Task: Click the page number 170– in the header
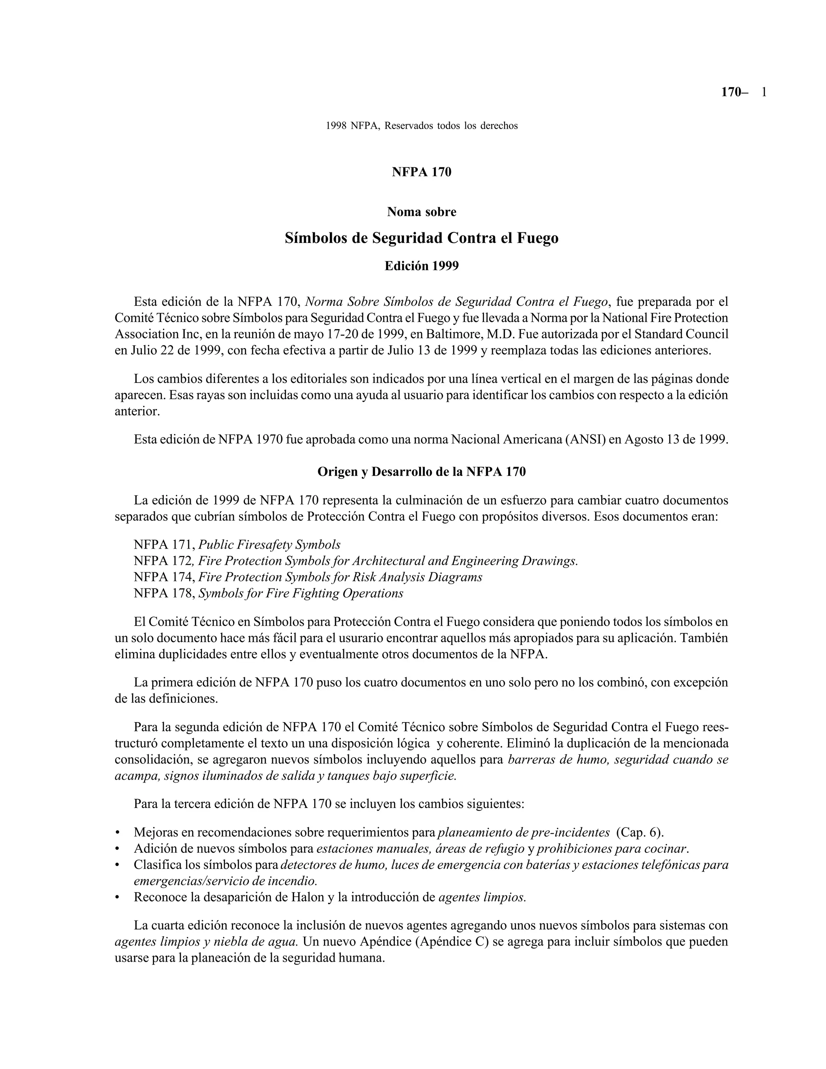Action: tap(734, 92)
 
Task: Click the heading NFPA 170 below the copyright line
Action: tap(421, 172)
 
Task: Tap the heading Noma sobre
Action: tap(421, 212)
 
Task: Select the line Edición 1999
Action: tap(421, 266)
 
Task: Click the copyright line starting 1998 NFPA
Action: tap(421, 126)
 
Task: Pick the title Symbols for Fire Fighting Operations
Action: tap(300, 594)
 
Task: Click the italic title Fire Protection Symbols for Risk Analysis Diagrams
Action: tap(340, 578)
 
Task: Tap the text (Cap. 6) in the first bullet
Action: tap(640, 833)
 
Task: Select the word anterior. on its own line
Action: tap(138, 411)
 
